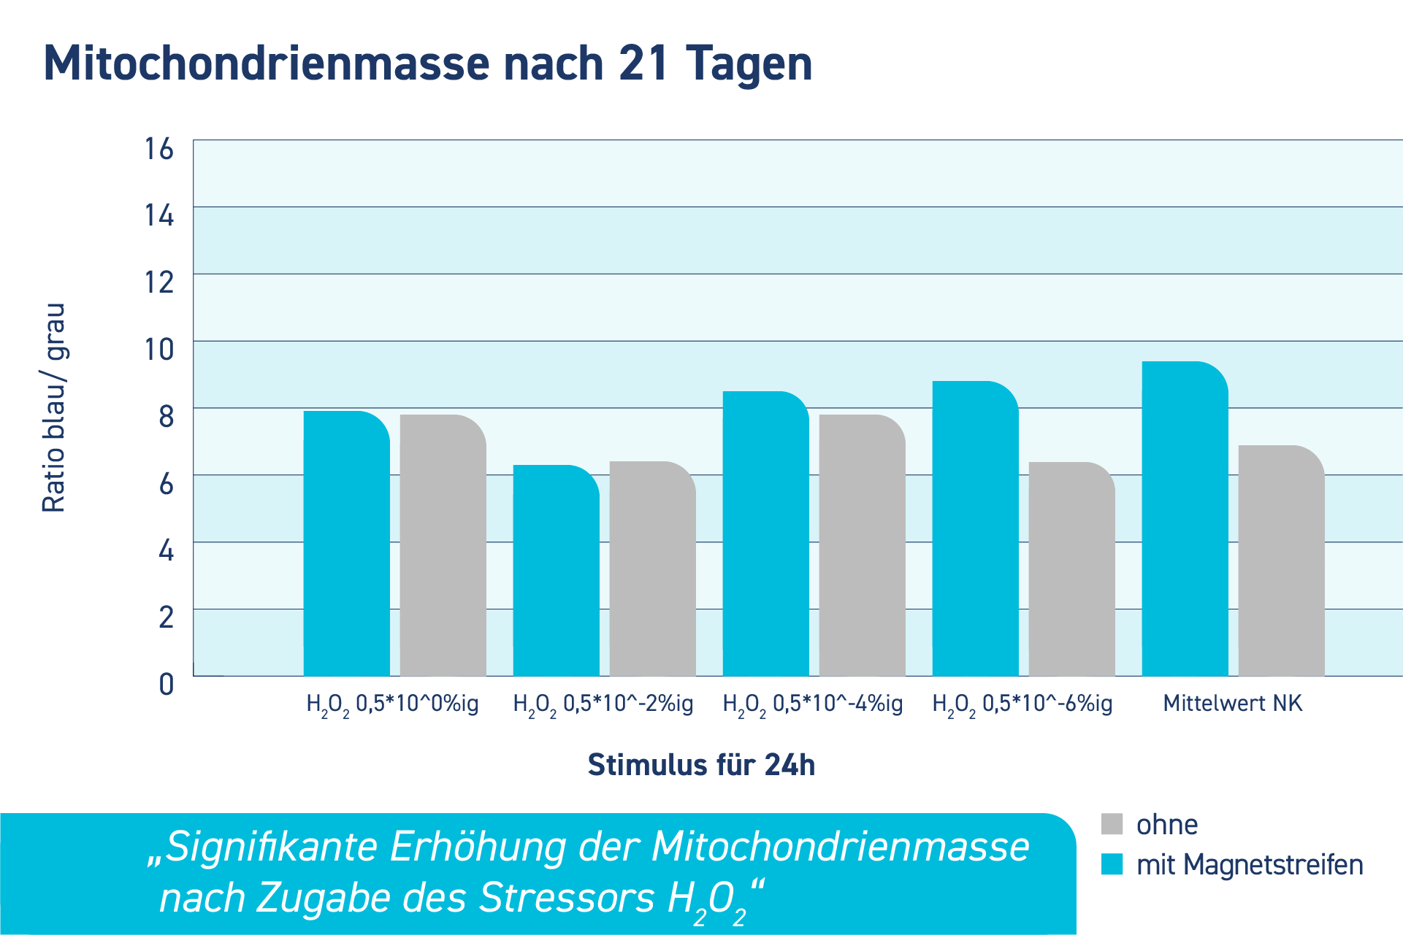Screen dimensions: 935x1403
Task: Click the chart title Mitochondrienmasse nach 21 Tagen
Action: (427, 64)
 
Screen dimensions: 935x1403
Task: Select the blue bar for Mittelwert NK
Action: (1185, 518)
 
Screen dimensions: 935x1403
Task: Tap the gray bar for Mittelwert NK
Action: (1281, 561)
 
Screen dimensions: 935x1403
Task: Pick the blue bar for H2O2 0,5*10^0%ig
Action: (346, 544)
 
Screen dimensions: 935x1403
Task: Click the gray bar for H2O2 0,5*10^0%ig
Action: (443, 545)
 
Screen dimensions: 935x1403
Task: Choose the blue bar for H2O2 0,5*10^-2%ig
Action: (556, 571)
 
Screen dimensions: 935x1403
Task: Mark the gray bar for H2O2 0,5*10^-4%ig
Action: (862, 545)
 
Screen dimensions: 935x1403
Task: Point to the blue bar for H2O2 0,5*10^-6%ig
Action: (975, 528)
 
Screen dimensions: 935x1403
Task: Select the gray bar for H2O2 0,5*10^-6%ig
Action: (1071, 569)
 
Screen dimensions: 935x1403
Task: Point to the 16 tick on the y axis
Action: (159, 149)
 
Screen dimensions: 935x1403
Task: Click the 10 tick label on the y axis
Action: (159, 350)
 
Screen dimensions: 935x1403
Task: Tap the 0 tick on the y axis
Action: (167, 685)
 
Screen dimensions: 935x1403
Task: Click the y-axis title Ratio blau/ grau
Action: (54, 407)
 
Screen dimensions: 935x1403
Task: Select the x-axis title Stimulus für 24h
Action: (701, 765)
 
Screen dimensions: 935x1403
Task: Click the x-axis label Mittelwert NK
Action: (1232, 704)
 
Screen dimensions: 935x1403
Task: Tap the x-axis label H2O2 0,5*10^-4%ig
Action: (812, 704)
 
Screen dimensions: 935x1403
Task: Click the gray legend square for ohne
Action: (1111, 824)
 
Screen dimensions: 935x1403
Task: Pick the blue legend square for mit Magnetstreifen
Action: (1111, 864)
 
